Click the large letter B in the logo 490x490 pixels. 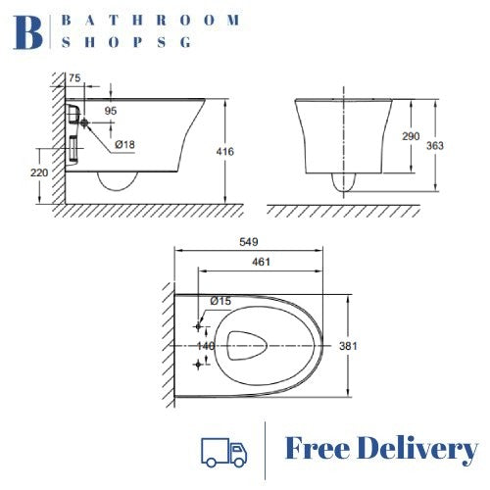[x=30, y=32]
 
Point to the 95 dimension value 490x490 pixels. [x=110, y=112]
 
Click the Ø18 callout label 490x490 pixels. [x=124, y=145]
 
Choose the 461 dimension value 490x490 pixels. [x=261, y=263]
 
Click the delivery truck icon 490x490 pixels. [x=223, y=450]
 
